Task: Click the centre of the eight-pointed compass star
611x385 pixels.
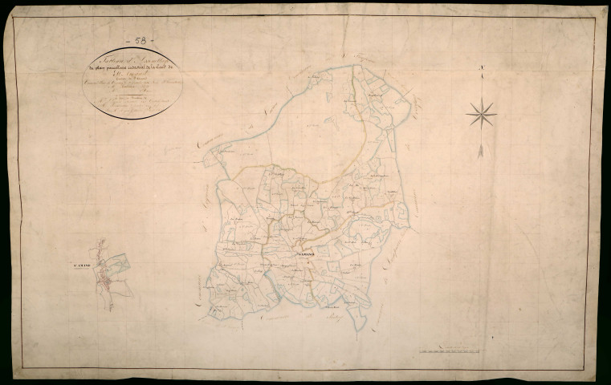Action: coord(481,113)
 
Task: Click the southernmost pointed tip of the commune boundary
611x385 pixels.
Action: coord(363,329)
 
